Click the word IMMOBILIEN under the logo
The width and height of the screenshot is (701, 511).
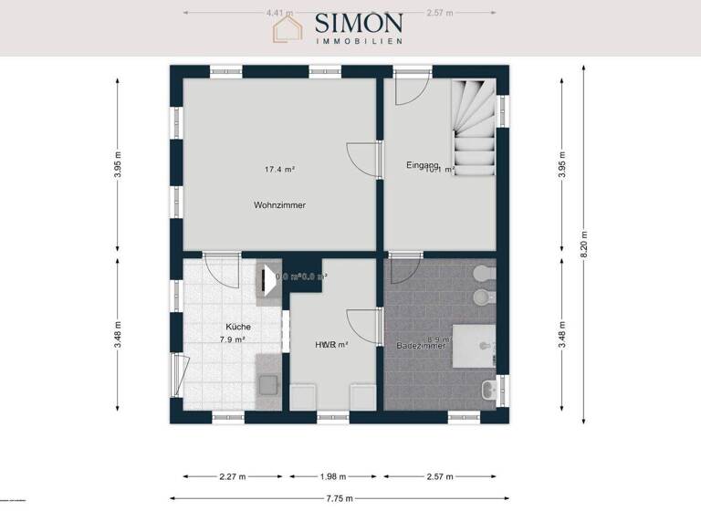point(360,41)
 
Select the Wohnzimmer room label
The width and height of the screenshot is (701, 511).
point(279,205)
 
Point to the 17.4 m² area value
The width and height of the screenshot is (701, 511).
point(279,169)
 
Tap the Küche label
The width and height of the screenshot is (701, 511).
point(238,326)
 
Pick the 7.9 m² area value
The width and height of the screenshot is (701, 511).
point(232,339)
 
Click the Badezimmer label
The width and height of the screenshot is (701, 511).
point(421,346)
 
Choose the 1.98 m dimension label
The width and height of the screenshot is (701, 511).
point(334,475)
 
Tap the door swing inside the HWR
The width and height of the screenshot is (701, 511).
point(362,326)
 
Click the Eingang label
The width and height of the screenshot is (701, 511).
point(423,164)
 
